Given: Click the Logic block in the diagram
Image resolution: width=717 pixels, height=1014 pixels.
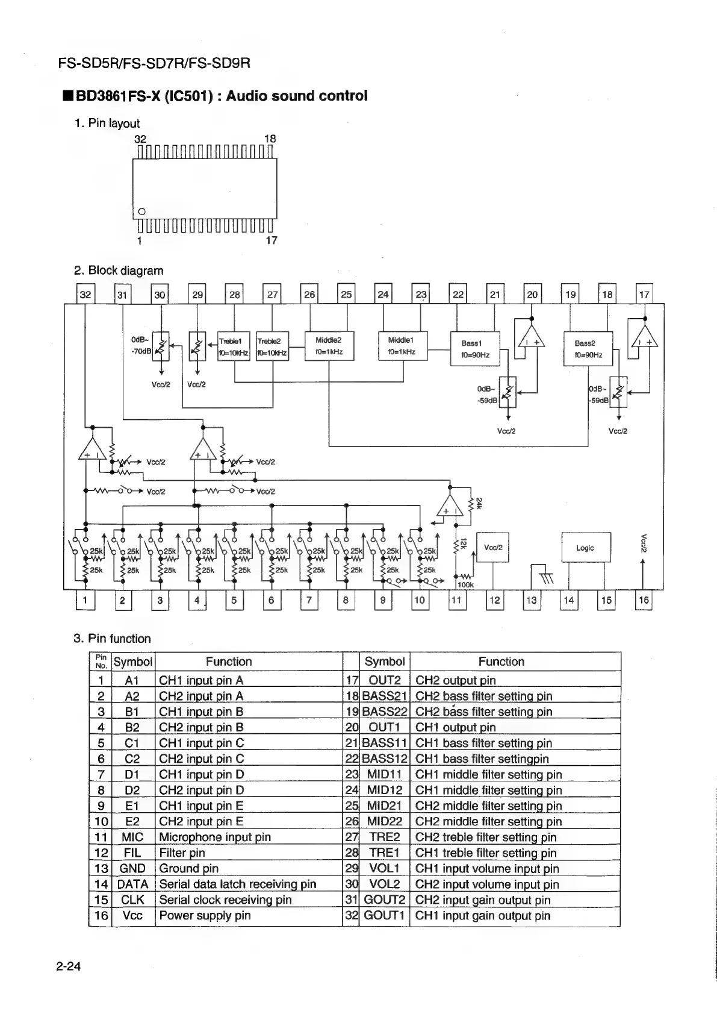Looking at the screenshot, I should [x=586, y=548].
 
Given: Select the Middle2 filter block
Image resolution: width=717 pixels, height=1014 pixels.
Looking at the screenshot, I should [x=329, y=346].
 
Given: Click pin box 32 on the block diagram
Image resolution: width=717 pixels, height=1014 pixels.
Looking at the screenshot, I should [x=85, y=295].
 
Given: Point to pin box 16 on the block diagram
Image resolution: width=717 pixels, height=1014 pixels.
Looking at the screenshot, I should [x=644, y=600].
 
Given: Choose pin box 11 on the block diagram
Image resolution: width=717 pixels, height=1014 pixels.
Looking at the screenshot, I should [x=457, y=600].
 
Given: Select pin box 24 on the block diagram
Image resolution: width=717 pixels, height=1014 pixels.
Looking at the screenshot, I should [x=383, y=295].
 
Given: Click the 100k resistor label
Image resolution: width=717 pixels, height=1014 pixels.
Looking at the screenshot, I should [x=465, y=584].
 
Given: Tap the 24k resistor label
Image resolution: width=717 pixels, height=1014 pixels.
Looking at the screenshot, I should [x=479, y=502].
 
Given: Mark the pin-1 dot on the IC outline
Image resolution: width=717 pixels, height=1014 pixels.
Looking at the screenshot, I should [x=141, y=211].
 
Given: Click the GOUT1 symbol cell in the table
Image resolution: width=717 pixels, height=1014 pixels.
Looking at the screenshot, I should [x=384, y=916].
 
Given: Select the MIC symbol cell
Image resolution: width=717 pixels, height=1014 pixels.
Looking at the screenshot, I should [x=132, y=837].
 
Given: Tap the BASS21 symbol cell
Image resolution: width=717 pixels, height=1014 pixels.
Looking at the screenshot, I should [x=385, y=696].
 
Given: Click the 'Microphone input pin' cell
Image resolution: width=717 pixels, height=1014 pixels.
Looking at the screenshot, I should [x=215, y=837].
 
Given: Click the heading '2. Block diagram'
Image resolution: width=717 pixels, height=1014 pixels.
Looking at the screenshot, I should [x=119, y=271].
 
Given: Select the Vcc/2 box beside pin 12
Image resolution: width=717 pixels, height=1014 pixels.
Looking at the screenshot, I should [x=492, y=548].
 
